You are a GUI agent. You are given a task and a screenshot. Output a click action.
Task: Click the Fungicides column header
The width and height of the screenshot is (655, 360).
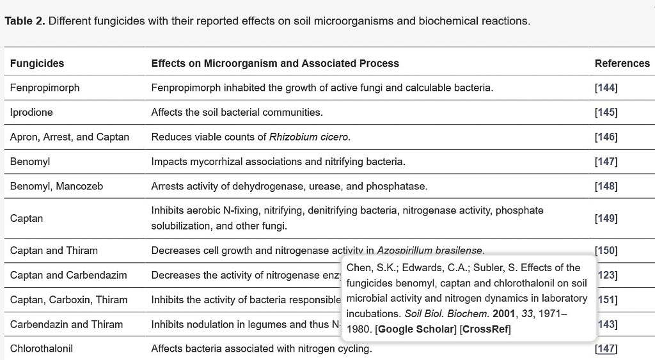tap(37, 63)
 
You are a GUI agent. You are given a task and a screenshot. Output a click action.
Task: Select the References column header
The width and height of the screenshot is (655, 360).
tap(622, 63)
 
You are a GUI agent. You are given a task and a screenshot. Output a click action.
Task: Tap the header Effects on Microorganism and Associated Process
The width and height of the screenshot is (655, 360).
tap(275, 63)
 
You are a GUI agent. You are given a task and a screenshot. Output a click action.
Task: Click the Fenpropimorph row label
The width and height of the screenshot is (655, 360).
tap(45, 88)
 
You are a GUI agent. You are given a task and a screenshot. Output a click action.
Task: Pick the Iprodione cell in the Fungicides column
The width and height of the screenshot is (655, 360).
tap(31, 113)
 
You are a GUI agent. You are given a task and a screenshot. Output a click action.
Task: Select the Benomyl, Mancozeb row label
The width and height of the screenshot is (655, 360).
tap(56, 186)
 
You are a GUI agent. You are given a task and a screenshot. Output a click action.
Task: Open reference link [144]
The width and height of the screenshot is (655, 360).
tap(606, 88)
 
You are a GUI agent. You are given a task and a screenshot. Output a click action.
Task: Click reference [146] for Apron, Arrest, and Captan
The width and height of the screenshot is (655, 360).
tap(606, 137)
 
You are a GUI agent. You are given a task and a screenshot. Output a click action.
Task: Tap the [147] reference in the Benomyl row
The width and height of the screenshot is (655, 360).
tap(606, 162)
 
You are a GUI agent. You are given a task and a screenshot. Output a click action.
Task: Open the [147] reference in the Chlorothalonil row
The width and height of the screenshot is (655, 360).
tap(606, 348)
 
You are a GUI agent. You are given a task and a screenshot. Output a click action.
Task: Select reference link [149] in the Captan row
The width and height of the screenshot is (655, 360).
tap(606, 219)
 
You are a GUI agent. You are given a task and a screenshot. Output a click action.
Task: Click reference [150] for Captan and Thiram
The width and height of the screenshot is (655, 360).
tap(606, 251)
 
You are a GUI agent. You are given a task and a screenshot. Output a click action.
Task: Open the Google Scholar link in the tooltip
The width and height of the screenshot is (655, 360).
tap(416, 329)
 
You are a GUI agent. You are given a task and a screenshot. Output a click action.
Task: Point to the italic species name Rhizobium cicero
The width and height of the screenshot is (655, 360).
tap(310, 137)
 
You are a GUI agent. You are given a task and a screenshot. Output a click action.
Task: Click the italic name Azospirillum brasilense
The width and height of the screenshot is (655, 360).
tap(430, 251)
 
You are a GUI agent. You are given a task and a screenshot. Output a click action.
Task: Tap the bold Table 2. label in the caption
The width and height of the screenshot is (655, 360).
tap(25, 21)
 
